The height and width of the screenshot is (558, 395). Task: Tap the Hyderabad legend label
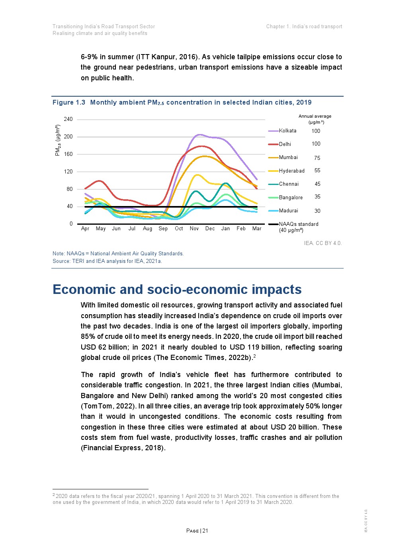pos(291,171)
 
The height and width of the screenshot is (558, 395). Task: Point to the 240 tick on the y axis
pos(68,119)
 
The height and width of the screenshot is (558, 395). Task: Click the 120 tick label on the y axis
pos(68,172)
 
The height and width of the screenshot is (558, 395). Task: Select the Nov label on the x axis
pos(194,229)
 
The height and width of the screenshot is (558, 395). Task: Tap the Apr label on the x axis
pos(85,229)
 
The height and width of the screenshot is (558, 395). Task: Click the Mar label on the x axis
pos(257,229)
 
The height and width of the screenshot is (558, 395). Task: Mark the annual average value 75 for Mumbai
pos(317,158)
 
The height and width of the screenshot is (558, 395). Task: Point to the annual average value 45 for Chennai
pos(317,184)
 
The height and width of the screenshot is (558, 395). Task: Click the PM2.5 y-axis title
pos(58,140)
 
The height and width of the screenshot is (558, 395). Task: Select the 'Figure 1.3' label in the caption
pos(69,103)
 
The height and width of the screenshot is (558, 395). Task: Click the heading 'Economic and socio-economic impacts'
pos(177,290)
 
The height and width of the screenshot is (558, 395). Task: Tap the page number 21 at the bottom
pos(205,531)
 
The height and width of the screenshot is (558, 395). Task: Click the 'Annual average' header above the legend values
pos(315,117)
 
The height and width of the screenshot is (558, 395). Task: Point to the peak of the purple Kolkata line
pos(199,135)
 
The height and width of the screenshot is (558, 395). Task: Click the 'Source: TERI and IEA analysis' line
pos(108,261)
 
